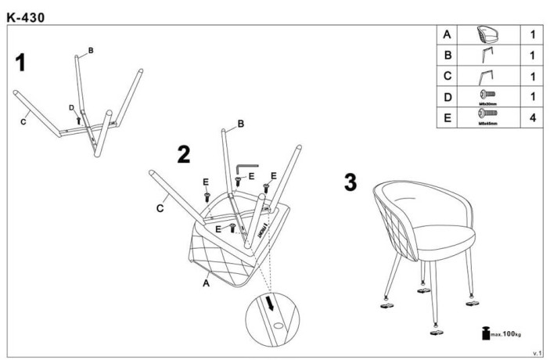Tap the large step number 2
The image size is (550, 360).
[x=183, y=154]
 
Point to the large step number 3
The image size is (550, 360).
[x=351, y=182]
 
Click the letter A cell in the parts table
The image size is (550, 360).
[x=447, y=36]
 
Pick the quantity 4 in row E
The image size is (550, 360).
[x=531, y=119]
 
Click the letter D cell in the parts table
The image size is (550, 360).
[x=447, y=98]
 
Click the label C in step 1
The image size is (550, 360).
[x=24, y=121]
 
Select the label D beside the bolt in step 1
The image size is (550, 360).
[x=71, y=107]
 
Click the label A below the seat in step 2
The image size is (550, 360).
[x=206, y=285]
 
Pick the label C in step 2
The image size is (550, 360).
[x=159, y=208]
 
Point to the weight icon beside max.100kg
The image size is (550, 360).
[x=486, y=334]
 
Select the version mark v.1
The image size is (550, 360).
[x=537, y=353]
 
